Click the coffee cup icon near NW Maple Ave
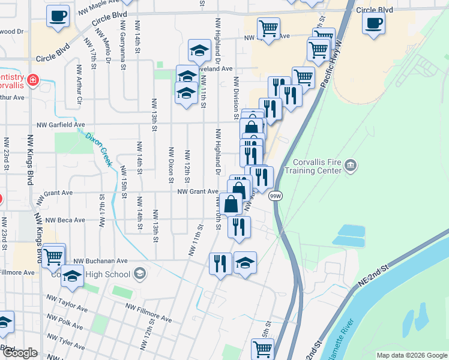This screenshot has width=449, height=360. (58, 16)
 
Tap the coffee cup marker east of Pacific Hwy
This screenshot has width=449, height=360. (373, 24)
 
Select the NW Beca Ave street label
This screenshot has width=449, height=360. (60, 220)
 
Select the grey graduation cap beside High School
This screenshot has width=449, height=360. (140, 274)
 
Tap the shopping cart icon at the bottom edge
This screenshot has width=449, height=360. (262, 348)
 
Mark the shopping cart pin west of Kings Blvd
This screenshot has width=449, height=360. (53, 256)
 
